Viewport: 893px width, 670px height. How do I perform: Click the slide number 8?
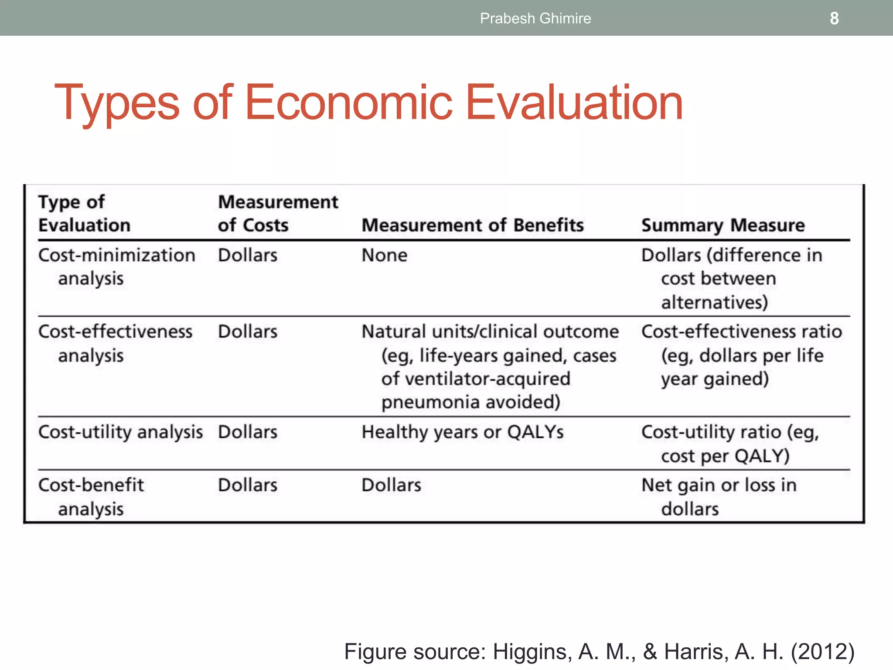834,18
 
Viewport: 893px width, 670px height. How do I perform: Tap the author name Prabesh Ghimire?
535,18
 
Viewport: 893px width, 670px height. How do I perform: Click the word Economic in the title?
349,103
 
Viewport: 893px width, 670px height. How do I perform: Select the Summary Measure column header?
723,225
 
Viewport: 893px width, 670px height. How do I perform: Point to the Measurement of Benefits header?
473,225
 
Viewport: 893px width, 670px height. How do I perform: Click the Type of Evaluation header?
84,214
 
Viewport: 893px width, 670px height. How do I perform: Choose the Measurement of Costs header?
278,214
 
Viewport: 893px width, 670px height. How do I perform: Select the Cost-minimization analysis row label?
116,267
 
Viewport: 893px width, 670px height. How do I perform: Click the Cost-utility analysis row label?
120,432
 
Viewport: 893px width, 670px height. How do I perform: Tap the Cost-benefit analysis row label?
91,496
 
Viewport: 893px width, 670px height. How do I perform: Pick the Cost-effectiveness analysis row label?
115,343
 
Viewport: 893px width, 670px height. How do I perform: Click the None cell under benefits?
384,255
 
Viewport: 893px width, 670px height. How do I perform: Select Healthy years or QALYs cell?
463,432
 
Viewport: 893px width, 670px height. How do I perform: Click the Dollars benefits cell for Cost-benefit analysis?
391,485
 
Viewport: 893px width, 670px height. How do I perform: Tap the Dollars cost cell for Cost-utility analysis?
247,432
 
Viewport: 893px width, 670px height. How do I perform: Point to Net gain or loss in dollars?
719,496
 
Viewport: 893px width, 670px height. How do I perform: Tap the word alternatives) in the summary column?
714,302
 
